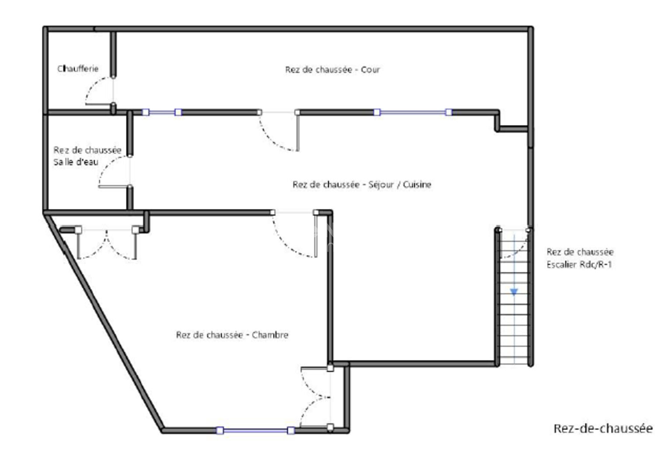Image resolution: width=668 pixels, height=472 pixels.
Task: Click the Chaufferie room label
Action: point(78,69)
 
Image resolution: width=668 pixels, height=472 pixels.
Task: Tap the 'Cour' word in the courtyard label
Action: point(370,70)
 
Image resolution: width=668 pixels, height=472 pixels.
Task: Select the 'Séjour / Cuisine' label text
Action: point(400,185)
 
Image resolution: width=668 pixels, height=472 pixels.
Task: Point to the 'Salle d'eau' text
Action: point(76,162)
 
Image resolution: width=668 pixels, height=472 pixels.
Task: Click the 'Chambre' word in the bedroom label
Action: point(270,335)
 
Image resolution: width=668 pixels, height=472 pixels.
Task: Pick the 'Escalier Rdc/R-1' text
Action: point(579,264)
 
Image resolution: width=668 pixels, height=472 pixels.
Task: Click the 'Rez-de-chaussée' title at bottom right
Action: point(603,429)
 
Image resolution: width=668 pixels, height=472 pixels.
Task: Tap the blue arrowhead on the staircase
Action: point(514,292)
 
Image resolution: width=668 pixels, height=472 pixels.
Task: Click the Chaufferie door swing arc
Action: point(99,90)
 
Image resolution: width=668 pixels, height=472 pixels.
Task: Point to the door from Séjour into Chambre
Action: point(294,234)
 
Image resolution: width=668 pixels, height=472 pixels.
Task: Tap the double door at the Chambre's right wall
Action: point(316,397)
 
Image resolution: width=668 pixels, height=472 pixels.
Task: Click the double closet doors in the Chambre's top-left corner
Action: point(107,244)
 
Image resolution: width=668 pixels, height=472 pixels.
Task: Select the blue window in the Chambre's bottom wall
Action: point(255,430)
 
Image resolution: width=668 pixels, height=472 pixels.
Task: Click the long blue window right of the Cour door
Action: point(413,112)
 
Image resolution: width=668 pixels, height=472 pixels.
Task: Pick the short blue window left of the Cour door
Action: point(162,112)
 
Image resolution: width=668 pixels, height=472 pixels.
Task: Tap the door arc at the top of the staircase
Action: point(514,244)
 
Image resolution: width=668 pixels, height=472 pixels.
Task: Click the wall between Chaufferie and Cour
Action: point(113,54)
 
